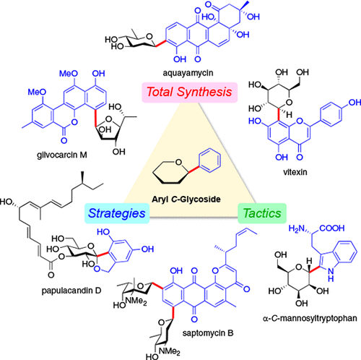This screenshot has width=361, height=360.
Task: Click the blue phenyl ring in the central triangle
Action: [202, 167]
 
